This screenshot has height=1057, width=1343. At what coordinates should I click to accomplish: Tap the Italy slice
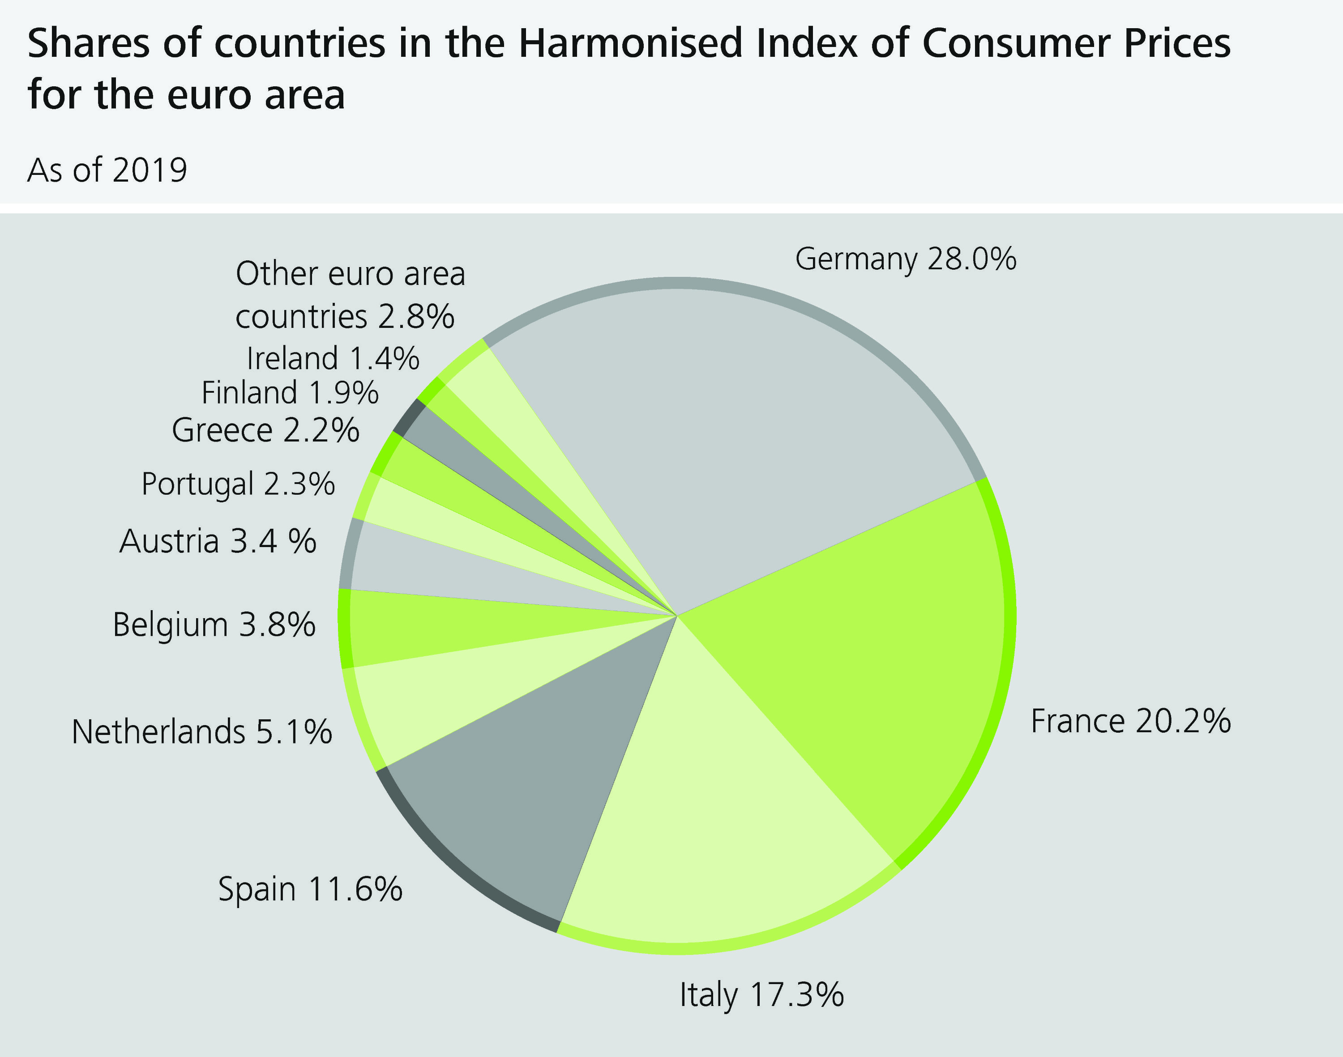click(x=712, y=823)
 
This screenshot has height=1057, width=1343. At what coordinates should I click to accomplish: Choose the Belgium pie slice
click(x=433, y=628)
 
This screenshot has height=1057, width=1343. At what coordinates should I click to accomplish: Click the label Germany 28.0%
click(x=905, y=259)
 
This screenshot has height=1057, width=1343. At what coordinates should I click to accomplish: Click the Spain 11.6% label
click(x=310, y=889)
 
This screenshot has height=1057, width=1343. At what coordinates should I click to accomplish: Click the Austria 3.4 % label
click(x=218, y=542)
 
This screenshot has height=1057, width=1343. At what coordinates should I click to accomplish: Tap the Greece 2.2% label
click(x=265, y=430)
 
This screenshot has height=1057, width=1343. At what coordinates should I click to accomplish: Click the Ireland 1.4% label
click(x=333, y=358)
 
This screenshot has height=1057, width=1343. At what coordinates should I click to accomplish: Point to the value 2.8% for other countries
click(x=416, y=317)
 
